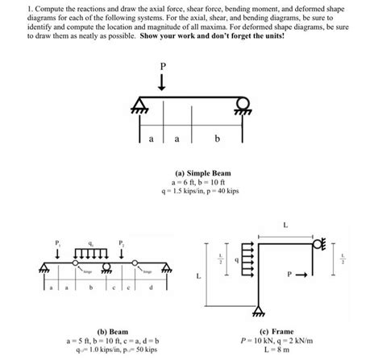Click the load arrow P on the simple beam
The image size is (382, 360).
pyautogui.click(x=163, y=83)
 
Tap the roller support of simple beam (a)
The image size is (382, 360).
pyautogui.click(x=239, y=106)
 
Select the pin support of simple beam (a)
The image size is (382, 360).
pyautogui.click(x=140, y=106)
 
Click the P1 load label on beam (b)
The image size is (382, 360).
pyautogui.click(x=56, y=243)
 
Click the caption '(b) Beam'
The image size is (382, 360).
pyautogui.click(x=102, y=330)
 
